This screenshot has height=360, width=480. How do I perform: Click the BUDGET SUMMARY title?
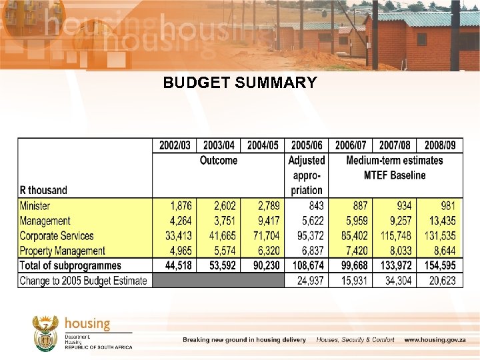[x=240, y=83]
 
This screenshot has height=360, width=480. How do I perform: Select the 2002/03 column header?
[x=175, y=145]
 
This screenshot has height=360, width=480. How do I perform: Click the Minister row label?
[x=35, y=206]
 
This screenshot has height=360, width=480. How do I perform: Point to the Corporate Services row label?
[x=57, y=235]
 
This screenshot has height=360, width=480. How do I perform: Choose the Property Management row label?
[x=62, y=251]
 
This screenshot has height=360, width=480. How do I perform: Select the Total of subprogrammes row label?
[x=71, y=265]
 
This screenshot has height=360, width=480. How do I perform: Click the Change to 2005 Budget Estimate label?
[x=83, y=280]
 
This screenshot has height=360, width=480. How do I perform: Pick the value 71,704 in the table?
[x=263, y=235]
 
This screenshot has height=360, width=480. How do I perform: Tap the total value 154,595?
[x=440, y=265]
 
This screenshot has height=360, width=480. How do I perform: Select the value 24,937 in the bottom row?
[x=307, y=280]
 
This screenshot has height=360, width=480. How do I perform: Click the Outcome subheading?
[x=219, y=160]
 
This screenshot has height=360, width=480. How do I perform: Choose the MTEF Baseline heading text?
[x=395, y=175]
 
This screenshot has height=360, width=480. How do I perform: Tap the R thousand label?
[x=43, y=190]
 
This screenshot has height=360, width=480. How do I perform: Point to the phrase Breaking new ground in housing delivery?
[x=245, y=340]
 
